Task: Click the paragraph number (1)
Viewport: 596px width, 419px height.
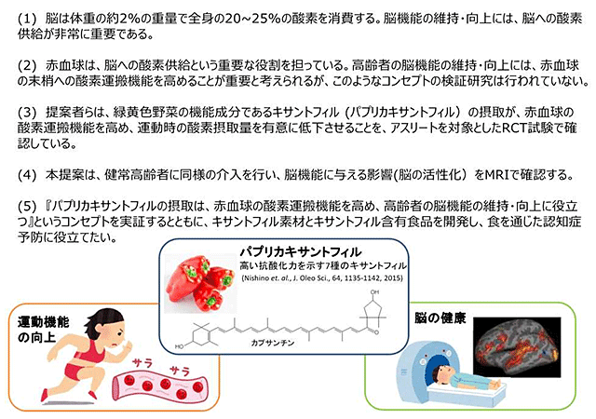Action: click(x=27, y=19)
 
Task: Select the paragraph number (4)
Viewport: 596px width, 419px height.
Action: click(x=27, y=175)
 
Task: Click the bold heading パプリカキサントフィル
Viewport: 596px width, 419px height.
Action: click(x=300, y=251)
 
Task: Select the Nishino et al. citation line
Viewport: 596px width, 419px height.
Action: click(x=322, y=278)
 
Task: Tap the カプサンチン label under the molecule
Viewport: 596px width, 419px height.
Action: click(x=273, y=343)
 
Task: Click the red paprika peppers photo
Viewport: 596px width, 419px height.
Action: click(x=200, y=283)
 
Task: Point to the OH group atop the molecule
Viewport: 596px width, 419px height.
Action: click(x=374, y=292)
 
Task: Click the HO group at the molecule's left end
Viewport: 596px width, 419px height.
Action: click(x=179, y=346)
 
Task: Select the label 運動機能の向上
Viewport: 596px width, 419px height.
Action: click(x=43, y=330)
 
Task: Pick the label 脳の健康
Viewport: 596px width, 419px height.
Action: click(x=440, y=318)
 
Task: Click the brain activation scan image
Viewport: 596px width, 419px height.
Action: click(x=517, y=346)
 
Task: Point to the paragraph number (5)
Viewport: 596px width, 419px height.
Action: click(x=27, y=207)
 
